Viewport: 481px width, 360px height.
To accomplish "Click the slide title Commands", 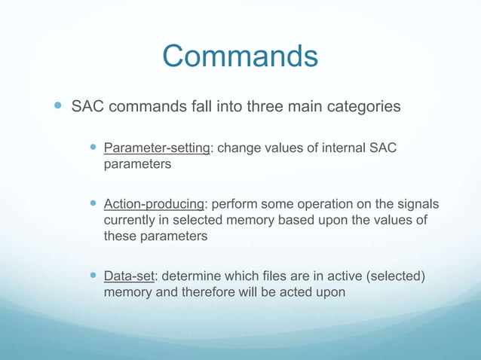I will [x=240, y=56].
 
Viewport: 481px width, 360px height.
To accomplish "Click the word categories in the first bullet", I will [x=363, y=107].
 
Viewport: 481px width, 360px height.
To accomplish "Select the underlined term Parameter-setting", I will [x=156, y=148].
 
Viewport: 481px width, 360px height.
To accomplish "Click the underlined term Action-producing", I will [x=154, y=204].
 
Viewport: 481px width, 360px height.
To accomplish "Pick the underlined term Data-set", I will [x=128, y=276].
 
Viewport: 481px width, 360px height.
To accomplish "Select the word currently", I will [x=130, y=220].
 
